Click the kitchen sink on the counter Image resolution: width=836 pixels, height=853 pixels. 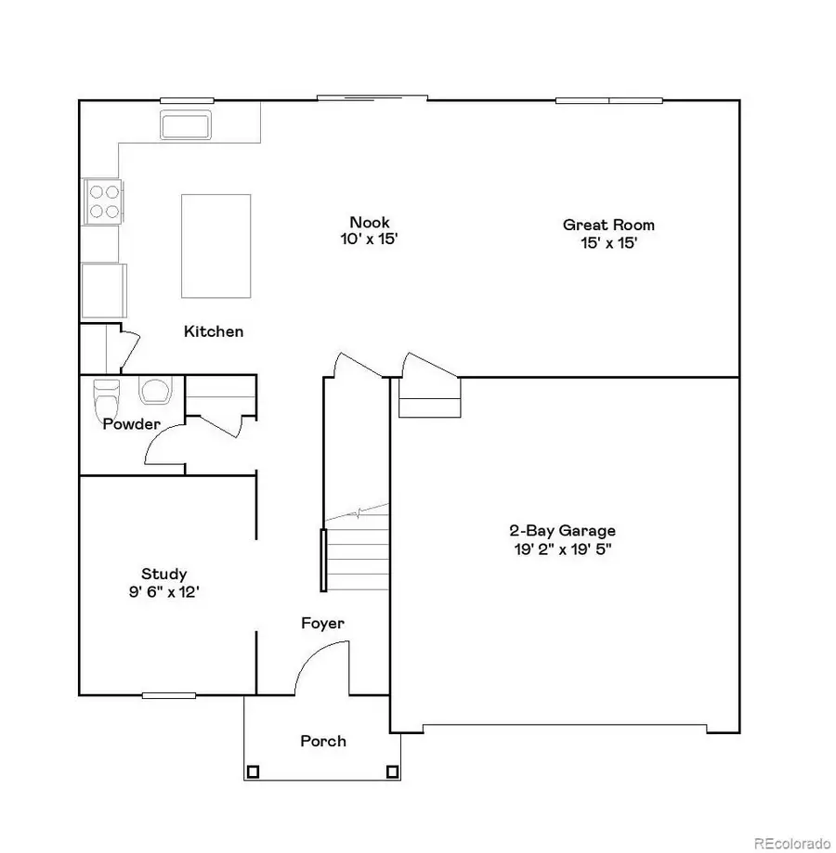(186, 123)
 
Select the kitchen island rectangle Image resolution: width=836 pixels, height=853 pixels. (216, 245)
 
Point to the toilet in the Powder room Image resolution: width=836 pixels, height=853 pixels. (107, 399)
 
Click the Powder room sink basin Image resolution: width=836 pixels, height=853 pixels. (154, 392)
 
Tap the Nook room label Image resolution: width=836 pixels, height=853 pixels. (369, 222)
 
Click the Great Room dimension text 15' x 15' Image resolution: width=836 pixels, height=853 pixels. (607, 242)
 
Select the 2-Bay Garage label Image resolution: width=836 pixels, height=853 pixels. (562, 531)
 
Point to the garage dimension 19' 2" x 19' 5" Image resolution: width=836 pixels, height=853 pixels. (562, 549)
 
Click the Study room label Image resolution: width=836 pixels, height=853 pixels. (163, 574)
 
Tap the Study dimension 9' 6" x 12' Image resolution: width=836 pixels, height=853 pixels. (163, 591)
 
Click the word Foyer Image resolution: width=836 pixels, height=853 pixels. (322, 623)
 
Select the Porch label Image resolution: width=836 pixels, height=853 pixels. (323, 741)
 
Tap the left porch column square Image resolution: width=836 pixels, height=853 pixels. (253, 770)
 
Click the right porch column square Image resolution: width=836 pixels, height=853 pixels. (392, 770)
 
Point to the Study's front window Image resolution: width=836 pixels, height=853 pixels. (169, 694)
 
